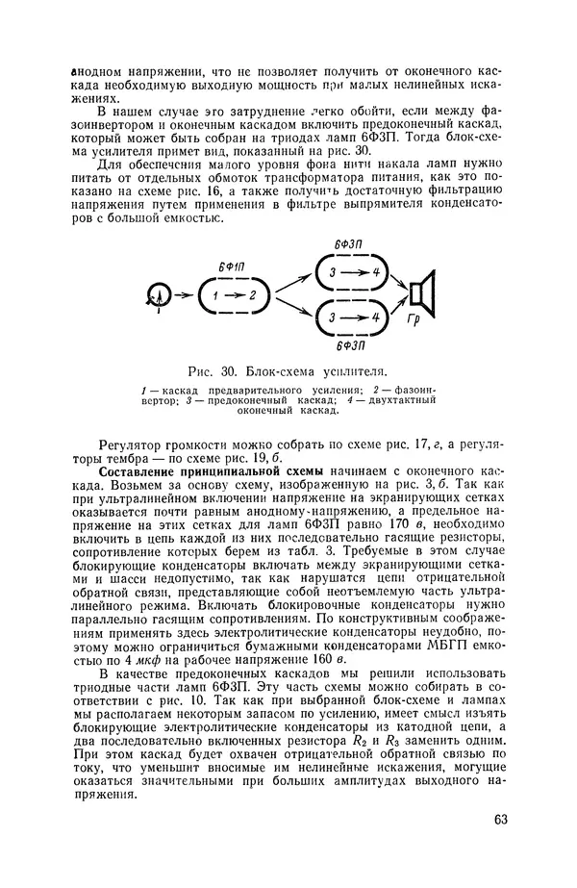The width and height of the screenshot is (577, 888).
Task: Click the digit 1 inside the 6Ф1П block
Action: point(215,295)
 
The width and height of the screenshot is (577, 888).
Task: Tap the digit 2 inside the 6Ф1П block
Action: point(252,295)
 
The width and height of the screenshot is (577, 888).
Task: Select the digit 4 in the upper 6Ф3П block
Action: point(376,273)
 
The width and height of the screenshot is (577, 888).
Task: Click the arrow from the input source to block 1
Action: point(184,295)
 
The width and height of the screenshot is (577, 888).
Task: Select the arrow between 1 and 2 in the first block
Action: point(234,295)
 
